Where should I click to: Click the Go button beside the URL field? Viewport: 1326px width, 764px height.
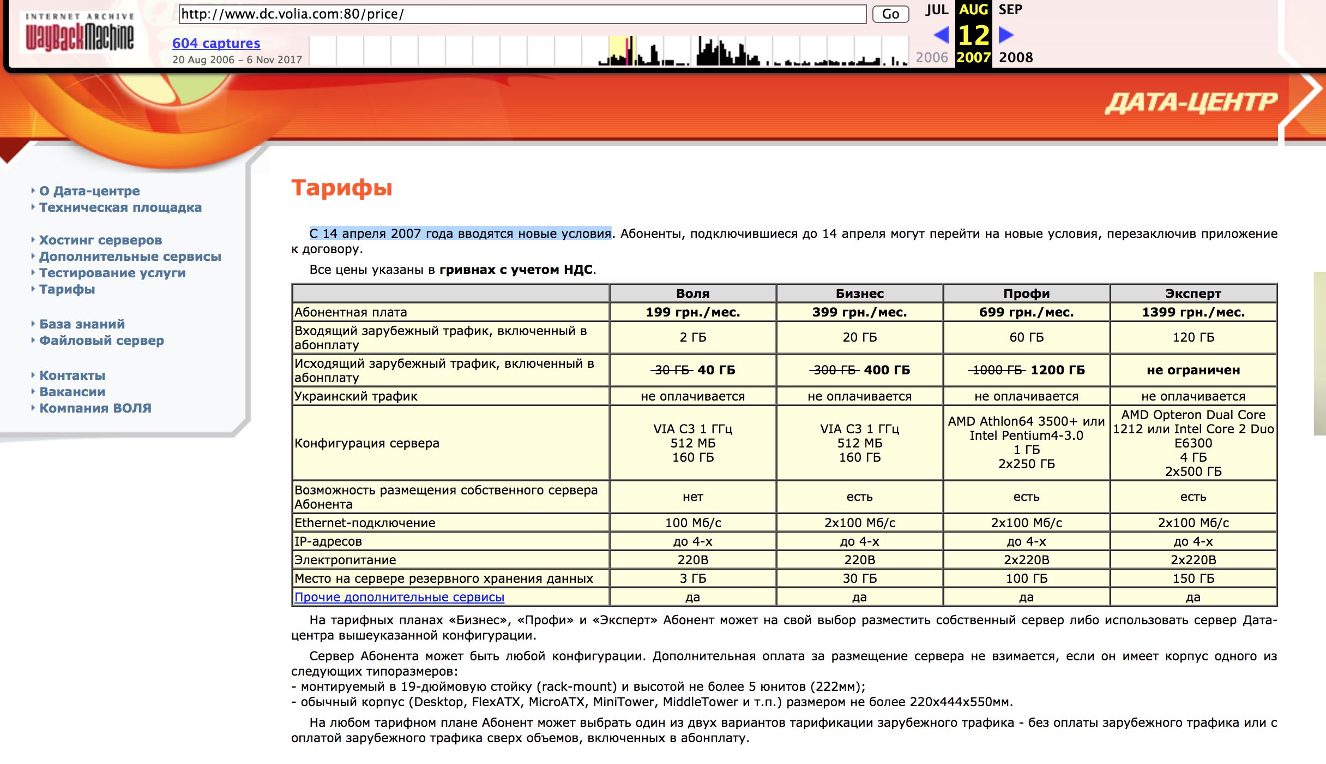(x=890, y=14)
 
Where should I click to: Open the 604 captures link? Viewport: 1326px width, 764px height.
(x=216, y=43)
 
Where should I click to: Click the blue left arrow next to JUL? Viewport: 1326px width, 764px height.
(x=941, y=35)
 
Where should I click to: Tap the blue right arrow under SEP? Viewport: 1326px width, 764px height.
(x=1006, y=35)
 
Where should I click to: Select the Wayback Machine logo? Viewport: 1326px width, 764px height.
(x=80, y=33)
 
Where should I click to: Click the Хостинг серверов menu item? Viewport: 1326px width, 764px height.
(x=100, y=240)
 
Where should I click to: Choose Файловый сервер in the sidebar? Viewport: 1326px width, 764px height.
(x=101, y=341)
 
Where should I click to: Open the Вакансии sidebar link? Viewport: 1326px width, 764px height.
(x=72, y=392)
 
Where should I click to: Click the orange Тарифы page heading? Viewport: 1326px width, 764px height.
(x=342, y=188)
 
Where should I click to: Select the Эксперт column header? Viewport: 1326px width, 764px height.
(x=1193, y=294)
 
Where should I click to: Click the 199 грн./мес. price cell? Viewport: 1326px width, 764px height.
(x=692, y=312)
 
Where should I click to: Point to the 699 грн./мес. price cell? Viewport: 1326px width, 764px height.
(x=1026, y=312)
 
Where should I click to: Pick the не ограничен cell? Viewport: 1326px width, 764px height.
(x=1193, y=370)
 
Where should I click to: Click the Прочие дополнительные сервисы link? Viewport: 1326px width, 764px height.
(x=399, y=597)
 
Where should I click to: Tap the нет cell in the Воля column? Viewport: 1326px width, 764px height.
(x=692, y=497)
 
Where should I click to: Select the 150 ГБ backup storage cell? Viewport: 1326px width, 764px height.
(x=1193, y=578)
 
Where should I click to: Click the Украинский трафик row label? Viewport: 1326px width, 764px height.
(x=355, y=396)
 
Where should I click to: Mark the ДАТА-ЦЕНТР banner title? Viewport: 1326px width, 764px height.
(x=1191, y=103)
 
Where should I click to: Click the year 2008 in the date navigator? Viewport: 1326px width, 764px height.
(x=1016, y=57)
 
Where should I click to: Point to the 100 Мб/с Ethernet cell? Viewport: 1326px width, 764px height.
(x=692, y=523)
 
